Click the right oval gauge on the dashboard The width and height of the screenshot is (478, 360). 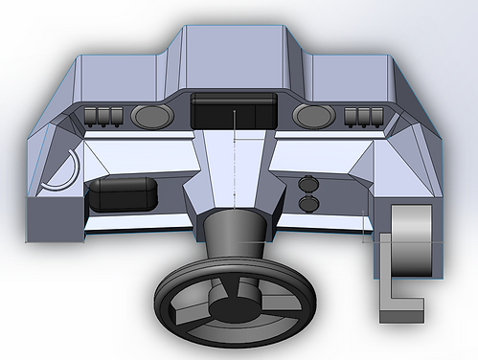(x=312, y=117)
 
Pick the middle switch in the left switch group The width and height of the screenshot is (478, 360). (x=104, y=118)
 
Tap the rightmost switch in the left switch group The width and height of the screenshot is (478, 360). (x=116, y=118)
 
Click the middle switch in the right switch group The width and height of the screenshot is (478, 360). (x=363, y=118)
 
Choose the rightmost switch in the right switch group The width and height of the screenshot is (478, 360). (x=375, y=118)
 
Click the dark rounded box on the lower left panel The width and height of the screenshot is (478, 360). (x=120, y=194)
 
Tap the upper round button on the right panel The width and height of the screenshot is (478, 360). (x=309, y=184)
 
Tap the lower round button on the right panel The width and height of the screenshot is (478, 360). (x=309, y=203)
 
